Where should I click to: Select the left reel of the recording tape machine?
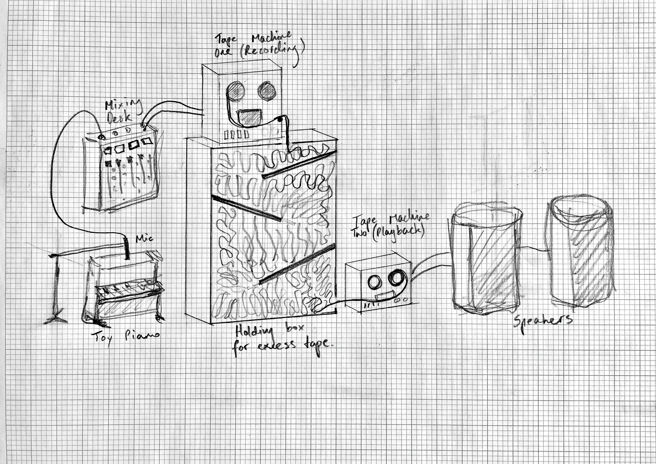click(x=236, y=91)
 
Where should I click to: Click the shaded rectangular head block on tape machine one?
click(x=250, y=117)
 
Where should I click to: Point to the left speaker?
click(x=486, y=260)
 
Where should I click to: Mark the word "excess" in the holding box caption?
click(x=276, y=346)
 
